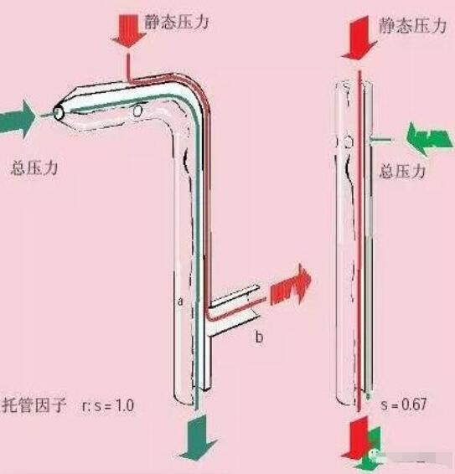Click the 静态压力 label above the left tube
pos(176,22)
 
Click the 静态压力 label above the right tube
pos(412,25)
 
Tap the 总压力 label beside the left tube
pos(34,167)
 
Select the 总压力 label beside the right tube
pos(402,172)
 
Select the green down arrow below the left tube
pos(198,437)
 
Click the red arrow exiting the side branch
pos(291,284)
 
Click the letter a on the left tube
pos(180,301)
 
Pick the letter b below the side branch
pos(259,337)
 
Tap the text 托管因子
pos(34,405)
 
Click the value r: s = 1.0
pos(108,405)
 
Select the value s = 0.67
pos(404,404)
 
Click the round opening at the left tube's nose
pos(58,113)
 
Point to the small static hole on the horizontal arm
pos(137,111)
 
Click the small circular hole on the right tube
pos(349,142)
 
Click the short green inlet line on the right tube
pos(381,139)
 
